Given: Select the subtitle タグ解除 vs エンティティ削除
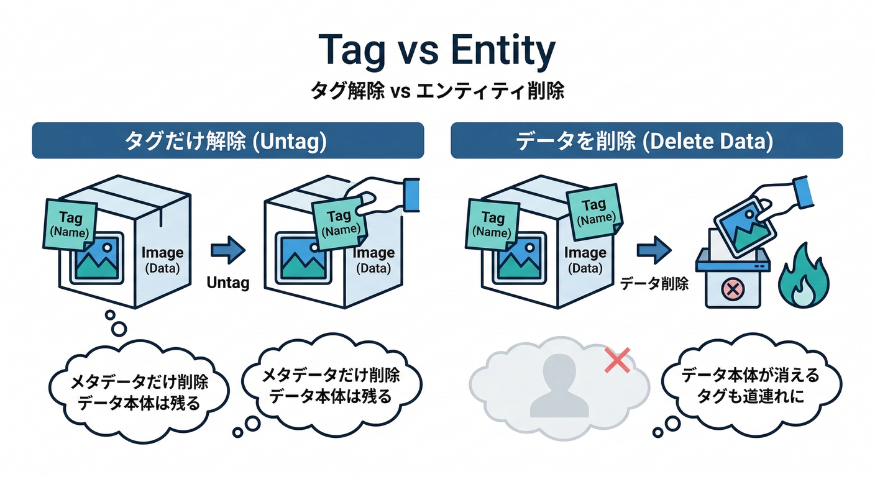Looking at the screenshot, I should pyautogui.click(x=437, y=91).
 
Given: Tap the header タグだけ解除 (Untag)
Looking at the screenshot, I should pyautogui.click(x=227, y=140).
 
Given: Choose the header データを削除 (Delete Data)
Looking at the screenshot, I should pyautogui.click(x=646, y=140).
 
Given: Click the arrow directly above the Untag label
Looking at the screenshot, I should pyautogui.click(x=228, y=250).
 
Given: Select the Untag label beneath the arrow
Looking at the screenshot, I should pyautogui.click(x=227, y=283).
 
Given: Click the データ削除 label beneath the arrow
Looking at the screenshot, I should pyautogui.click(x=654, y=284).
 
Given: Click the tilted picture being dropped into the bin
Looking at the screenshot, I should pyautogui.click(x=744, y=227).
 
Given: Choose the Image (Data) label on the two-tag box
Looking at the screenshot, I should pyautogui.click(x=585, y=260).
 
